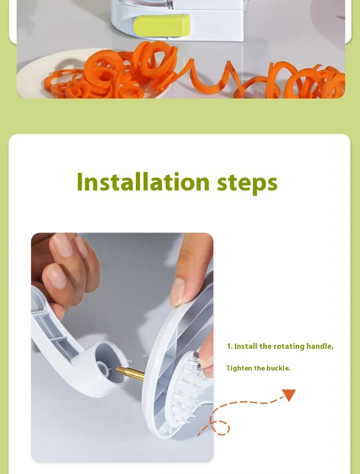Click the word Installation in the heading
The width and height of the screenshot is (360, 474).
click(x=143, y=182)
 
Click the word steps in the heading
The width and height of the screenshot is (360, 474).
click(x=247, y=183)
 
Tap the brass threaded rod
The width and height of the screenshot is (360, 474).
click(x=130, y=373)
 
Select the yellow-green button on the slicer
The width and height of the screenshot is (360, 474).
click(x=162, y=25)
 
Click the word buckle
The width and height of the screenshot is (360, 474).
click(x=278, y=368)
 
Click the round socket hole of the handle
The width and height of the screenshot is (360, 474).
click(x=104, y=369)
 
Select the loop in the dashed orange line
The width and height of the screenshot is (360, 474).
click(x=220, y=428)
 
